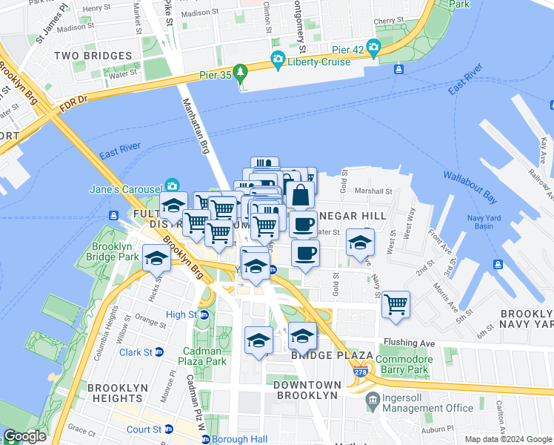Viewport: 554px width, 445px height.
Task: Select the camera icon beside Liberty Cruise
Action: coord(278,59)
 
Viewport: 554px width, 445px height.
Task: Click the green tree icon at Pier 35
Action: coord(240,72)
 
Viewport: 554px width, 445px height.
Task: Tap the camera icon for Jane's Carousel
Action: coord(173,185)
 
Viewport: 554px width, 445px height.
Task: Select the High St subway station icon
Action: coord(204,314)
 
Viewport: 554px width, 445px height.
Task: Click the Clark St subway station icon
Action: coord(158,352)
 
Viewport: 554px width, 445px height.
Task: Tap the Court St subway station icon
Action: coord(169,429)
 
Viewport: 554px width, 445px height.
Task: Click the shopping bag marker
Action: coord(300,197)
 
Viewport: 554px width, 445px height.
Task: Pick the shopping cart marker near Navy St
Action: coord(396,303)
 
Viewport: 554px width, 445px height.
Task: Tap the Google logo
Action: coord(25,436)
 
